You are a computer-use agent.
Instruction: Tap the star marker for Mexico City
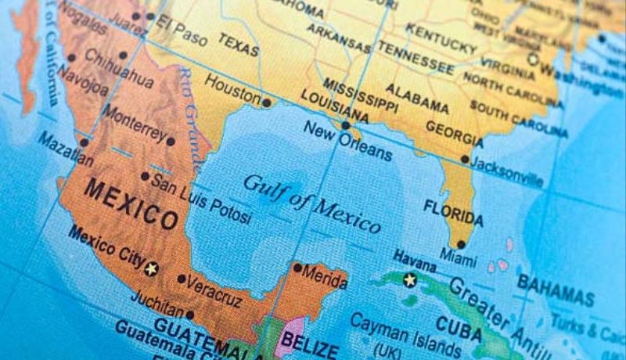[x=152, y=268]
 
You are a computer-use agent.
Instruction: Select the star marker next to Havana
[x=408, y=279]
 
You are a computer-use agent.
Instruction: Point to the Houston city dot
[x=267, y=103]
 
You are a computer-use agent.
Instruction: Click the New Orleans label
[x=347, y=142]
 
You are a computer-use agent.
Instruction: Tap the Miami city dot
[x=461, y=243]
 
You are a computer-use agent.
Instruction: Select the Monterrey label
[x=135, y=123]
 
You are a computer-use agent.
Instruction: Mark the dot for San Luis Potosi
[x=145, y=176]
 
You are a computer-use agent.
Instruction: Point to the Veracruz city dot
[x=182, y=279]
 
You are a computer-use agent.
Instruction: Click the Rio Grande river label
[x=194, y=117]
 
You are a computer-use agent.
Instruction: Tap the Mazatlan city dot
[x=83, y=142]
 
